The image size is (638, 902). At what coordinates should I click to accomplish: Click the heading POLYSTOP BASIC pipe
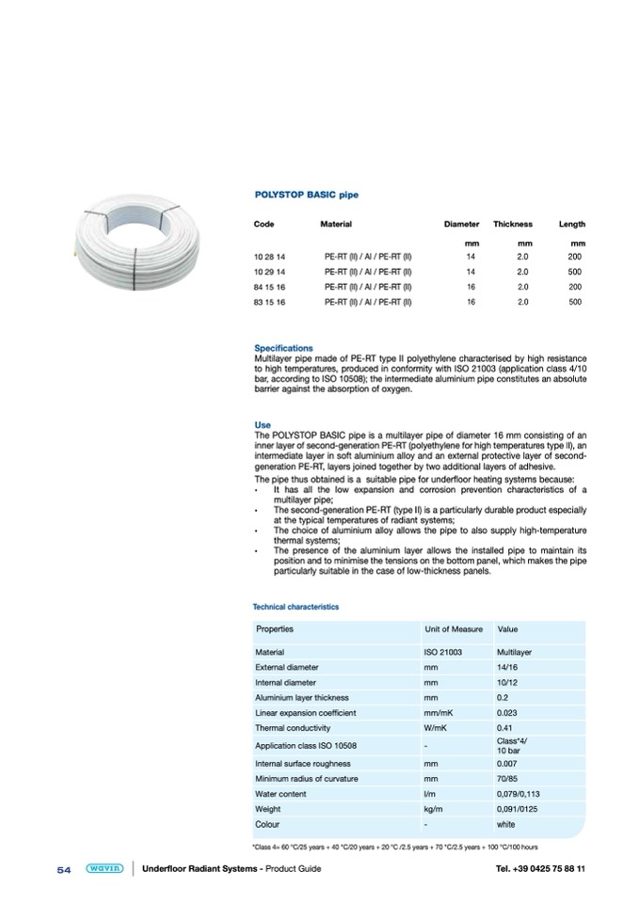(307, 195)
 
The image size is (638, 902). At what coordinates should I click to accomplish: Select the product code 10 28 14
(269, 256)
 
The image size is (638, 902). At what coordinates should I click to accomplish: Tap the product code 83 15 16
(269, 301)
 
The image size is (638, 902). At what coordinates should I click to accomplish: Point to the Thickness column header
(513, 224)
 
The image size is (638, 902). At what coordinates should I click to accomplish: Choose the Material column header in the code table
(336, 224)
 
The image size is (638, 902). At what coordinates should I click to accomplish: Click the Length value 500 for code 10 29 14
(575, 271)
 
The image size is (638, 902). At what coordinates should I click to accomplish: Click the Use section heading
(263, 425)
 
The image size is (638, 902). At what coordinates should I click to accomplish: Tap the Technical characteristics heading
(296, 607)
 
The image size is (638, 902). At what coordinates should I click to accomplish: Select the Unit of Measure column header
(454, 629)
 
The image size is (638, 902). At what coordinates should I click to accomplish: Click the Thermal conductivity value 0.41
(505, 728)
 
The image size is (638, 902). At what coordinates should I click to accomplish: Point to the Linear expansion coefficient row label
(305, 713)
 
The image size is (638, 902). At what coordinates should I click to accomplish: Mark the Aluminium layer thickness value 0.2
(502, 698)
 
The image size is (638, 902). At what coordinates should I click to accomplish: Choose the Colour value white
(505, 824)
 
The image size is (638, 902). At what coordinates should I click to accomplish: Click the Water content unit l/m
(430, 794)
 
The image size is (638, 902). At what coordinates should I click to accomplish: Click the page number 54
(64, 869)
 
